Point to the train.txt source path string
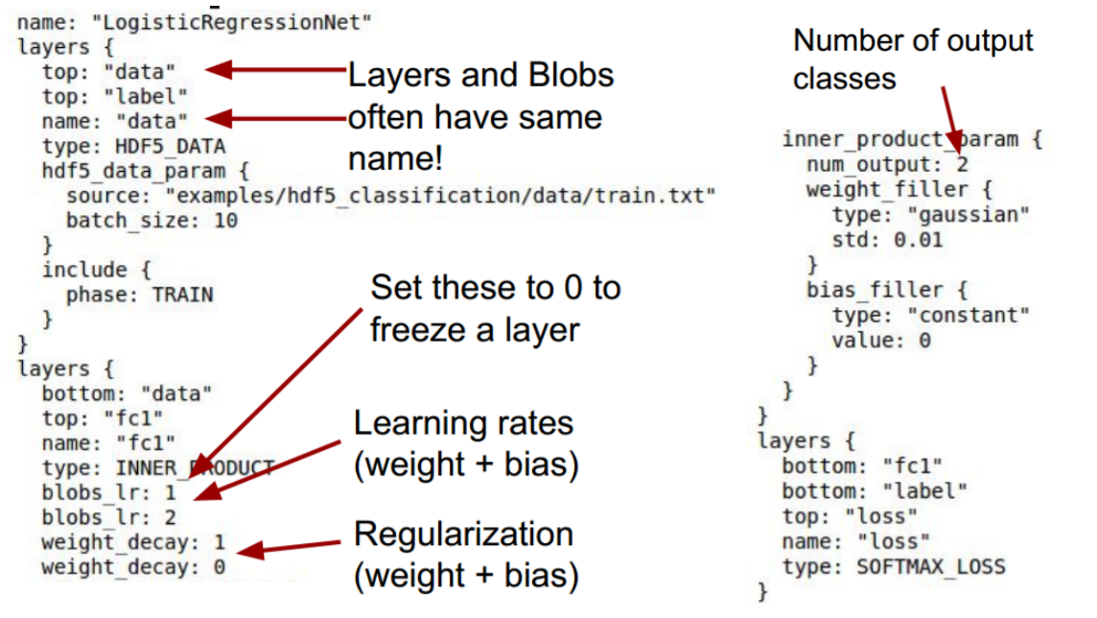pos(441,196)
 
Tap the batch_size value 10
pos(225,221)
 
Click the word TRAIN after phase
pos(182,295)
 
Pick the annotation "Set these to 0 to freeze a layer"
pos(495,307)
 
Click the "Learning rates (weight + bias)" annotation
pos(465,443)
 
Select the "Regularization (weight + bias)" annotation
pos(465,555)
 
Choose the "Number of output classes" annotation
pos(912,59)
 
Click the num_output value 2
pos(962,164)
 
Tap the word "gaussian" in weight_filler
pos(975,214)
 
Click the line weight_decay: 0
pos(133,567)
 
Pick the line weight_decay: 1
pos(133,542)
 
